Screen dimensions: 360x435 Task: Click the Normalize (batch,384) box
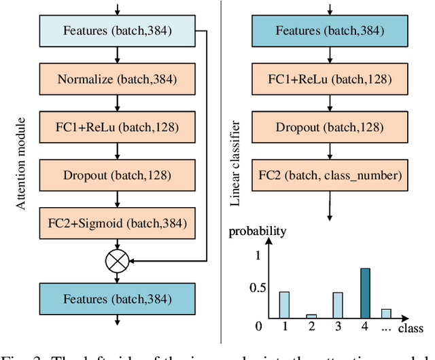pyautogui.click(x=117, y=79)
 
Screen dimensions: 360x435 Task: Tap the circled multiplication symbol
pyautogui.click(x=117, y=259)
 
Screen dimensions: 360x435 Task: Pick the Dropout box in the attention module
pyautogui.click(x=117, y=175)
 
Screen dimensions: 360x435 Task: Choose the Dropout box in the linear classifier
pyautogui.click(x=330, y=126)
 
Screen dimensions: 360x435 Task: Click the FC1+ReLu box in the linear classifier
pyautogui.click(x=330, y=79)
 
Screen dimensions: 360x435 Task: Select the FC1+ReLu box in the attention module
pyautogui.click(x=117, y=126)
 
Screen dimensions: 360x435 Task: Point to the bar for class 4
pyautogui.click(x=365, y=293)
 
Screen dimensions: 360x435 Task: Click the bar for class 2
pyautogui.click(x=311, y=316)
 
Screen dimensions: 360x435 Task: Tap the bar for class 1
pyautogui.click(x=284, y=304)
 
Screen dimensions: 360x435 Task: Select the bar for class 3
pyautogui.click(x=338, y=305)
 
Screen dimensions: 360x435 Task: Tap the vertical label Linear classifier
pyautogui.click(x=235, y=163)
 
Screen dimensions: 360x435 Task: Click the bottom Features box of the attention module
pyautogui.click(x=117, y=299)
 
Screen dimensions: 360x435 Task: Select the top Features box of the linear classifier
pyautogui.click(x=330, y=31)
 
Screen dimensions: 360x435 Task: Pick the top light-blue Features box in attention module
pyautogui.click(x=117, y=31)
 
